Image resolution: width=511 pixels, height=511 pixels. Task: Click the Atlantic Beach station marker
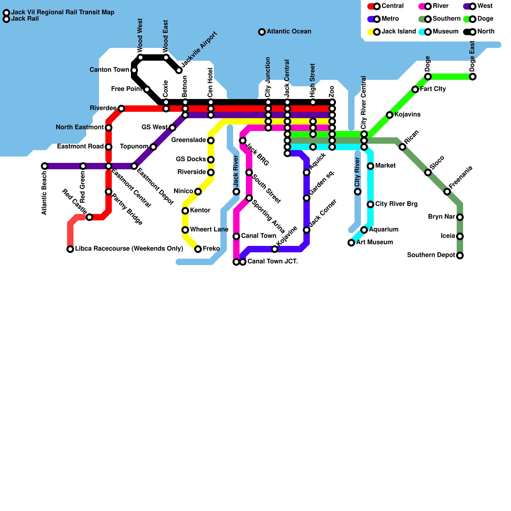[45, 166]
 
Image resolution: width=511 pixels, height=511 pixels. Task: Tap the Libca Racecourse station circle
[70, 249]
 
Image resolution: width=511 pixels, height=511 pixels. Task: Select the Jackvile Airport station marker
[179, 70]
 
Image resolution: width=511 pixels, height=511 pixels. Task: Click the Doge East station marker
[473, 77]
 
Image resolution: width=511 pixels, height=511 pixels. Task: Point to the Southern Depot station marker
[460, 256]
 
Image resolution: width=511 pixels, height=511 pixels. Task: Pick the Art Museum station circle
[351, 243]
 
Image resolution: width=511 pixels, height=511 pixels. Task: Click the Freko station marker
[198, 249]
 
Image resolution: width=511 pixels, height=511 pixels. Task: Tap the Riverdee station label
[103, 108]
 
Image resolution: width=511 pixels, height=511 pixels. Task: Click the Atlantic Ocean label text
[289, 32]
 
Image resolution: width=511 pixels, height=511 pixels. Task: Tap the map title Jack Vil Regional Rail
[63, 12]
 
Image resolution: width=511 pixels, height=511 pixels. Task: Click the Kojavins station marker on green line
[390, 115]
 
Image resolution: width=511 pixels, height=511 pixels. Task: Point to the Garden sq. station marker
[307, 198]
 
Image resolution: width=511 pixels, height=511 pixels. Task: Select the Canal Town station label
[258, 236]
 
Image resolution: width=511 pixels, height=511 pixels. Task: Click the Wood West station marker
[141, 57]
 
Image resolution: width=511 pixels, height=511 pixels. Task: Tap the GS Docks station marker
[211, 160]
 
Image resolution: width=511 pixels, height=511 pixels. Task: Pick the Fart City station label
[433, 89]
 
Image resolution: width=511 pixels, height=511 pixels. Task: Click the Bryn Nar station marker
[460, 217]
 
